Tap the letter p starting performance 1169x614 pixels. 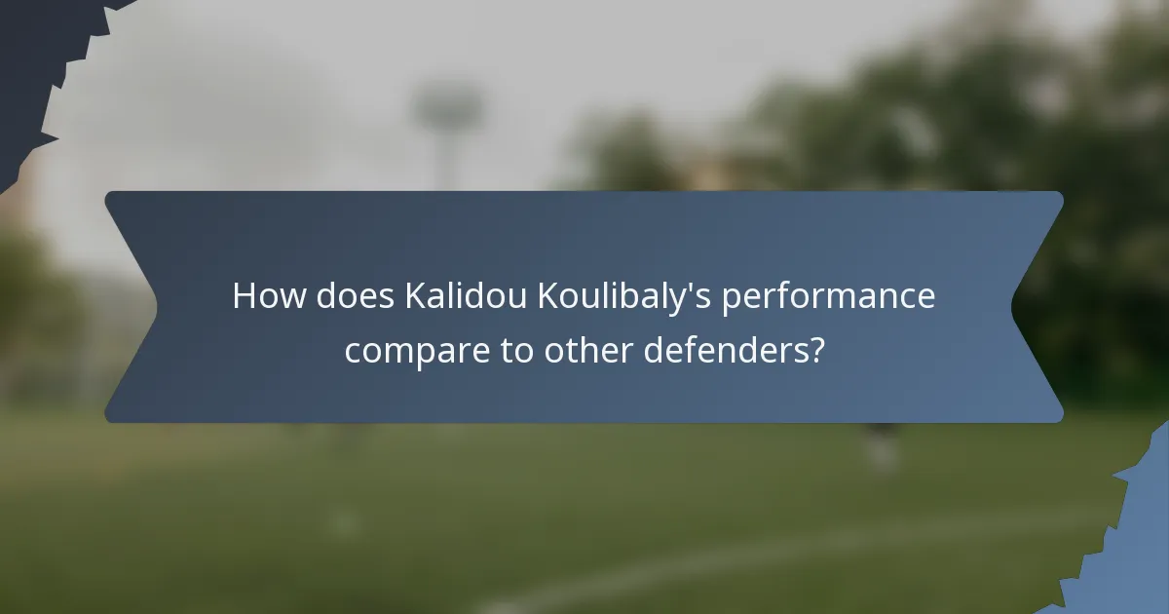[x=731, y=300]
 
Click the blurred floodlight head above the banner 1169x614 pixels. [x=448, y=107]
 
